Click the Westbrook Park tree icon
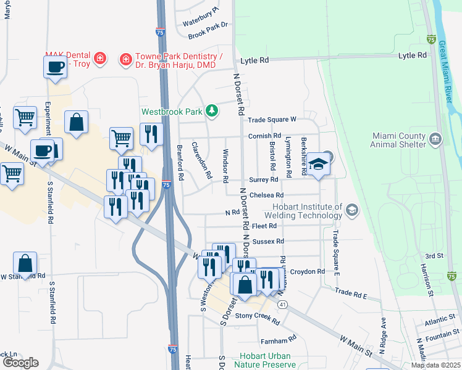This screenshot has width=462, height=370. coord(212,111)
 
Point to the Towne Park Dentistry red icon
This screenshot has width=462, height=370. coord(126,59)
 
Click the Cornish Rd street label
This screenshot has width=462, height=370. coord(264,136)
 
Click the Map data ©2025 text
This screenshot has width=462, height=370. coord(435,365)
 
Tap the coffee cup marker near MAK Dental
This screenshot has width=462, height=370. coord(54,66)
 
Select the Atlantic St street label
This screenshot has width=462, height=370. coord(439,320)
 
